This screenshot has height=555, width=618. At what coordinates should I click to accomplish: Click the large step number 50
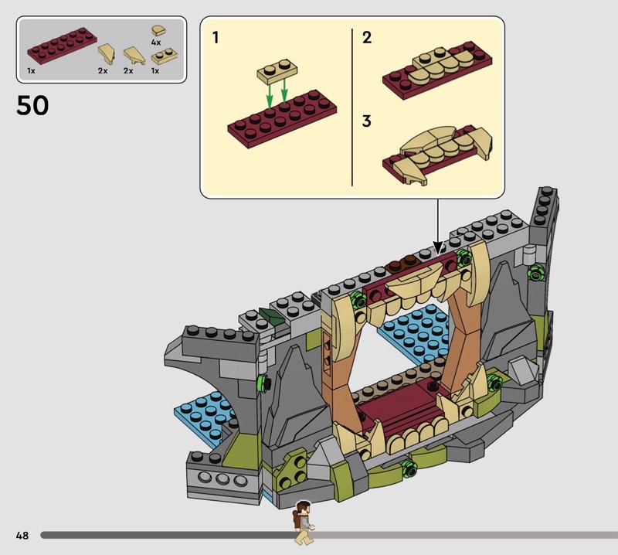pos(32,105)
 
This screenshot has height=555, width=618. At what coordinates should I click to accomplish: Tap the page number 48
pos(22,535)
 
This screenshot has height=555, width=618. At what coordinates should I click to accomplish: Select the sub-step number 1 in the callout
pos(216,37)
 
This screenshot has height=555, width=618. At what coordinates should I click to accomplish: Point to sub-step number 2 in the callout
pos(367,37)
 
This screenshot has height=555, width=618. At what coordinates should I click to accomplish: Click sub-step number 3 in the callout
pos(366,121)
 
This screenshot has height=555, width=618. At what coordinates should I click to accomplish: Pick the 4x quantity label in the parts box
pos(156,43)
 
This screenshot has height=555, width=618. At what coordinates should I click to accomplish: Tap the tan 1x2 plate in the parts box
pos(165,56)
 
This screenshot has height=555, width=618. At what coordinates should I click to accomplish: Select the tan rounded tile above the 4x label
pos(158,31)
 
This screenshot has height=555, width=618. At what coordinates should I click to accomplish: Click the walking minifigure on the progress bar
pos(304,523)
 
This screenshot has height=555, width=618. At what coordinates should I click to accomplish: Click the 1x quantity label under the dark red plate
pos(31,71)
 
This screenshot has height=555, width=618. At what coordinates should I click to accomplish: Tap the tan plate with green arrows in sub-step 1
pos(277,71)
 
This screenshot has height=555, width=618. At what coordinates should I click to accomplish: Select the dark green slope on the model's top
pos(272,317)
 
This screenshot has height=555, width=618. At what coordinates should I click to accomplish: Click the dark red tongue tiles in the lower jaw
pos(398,407)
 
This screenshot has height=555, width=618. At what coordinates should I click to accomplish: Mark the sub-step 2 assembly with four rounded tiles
pos(437,70)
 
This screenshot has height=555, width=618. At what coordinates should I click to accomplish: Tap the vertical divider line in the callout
pos(352,107)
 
